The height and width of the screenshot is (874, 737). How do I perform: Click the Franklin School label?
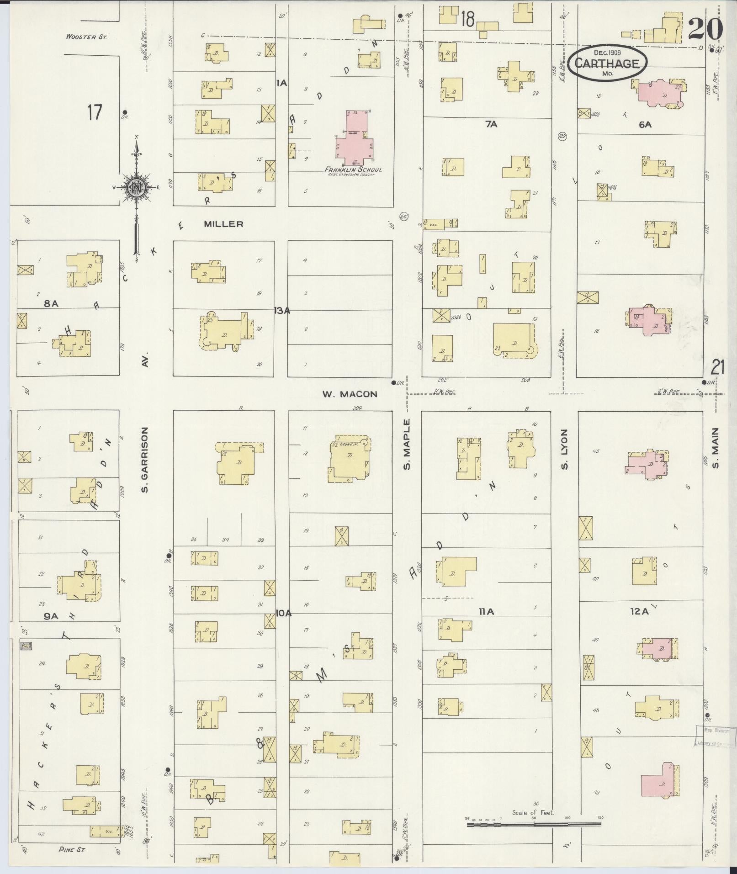[353, 170]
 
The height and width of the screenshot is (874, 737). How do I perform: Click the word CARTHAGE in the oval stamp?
[607, 64]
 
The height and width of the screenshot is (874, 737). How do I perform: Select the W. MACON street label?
[350, 394]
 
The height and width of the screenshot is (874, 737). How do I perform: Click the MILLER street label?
[223, 224]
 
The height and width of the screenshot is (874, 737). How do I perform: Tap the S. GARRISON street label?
[145, 460]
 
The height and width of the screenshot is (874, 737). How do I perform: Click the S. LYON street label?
[565, 449]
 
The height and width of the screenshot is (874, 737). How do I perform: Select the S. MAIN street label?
[715, 448]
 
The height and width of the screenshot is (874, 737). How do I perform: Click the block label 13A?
[282, 311]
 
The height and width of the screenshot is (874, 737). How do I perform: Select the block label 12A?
[639, 612]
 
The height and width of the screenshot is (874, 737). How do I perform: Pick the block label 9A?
[51, 616]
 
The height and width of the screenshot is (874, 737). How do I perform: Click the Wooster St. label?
[86, 37]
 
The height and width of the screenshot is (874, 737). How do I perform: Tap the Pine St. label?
[72, 849]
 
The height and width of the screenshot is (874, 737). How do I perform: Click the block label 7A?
[491, 124]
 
